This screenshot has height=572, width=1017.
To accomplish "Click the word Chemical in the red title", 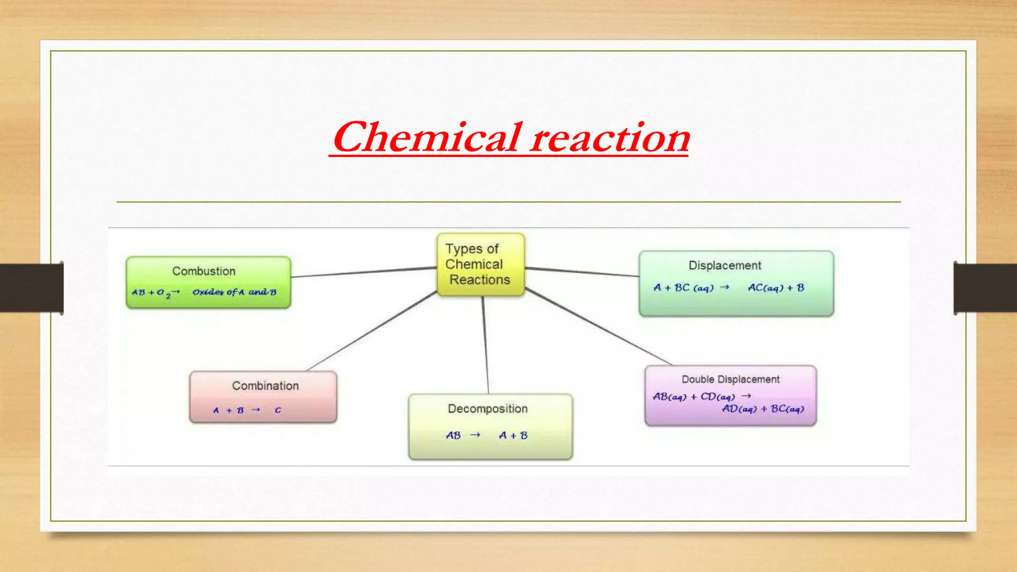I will (x=426, y=138).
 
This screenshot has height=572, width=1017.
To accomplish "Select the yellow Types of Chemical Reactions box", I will (x=480, y=265).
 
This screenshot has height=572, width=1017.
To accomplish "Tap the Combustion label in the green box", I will (x=204, y=271).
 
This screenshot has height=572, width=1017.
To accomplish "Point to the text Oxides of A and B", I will (x=234, y=292).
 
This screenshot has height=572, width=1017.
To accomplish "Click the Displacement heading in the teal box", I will (x=725, y=266).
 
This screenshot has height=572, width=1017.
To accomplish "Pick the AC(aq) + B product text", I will (x=776, y=288).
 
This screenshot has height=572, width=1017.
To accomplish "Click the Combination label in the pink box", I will (x=265, y=386).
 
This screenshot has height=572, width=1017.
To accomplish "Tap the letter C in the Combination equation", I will (x=278, y=410).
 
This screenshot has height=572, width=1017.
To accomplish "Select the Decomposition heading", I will (x=488, y=409).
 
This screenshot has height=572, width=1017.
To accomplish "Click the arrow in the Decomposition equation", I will (x=475, y=435).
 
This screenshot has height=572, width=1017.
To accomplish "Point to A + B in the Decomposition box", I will (x=513, y=435).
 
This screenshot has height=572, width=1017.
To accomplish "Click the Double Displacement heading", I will (x=730, y=379).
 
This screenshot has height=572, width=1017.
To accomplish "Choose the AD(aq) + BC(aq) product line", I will (x=763, y=409).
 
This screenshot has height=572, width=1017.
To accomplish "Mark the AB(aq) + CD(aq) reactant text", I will (x=693, y=397).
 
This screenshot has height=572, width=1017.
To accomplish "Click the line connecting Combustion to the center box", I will (x=363, y=272).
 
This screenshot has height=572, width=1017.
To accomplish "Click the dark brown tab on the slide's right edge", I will (x=985, y=288).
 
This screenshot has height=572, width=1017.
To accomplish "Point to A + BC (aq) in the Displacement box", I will (x=683, y=288).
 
